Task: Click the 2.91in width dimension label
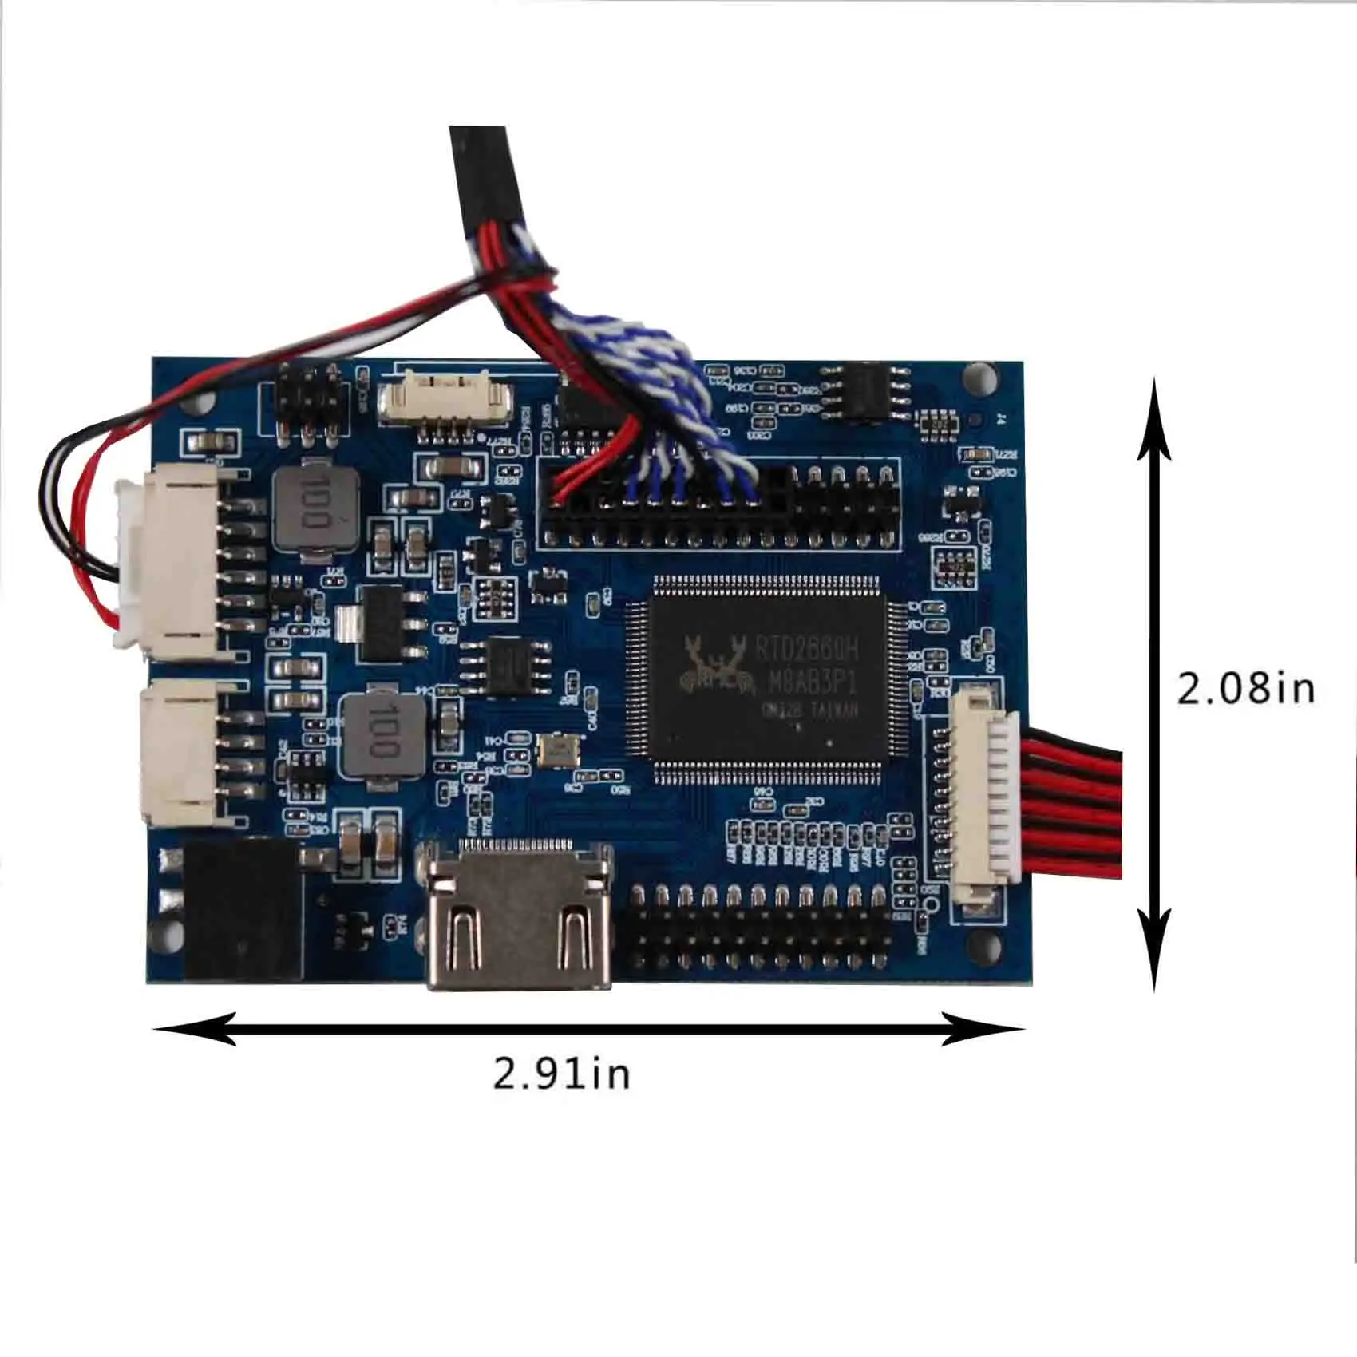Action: [561, 1073]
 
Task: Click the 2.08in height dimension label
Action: [1246, 687]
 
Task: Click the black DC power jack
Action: [243, 910]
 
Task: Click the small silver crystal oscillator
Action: [557, 749]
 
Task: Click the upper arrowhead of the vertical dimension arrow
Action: [1153, 423]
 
